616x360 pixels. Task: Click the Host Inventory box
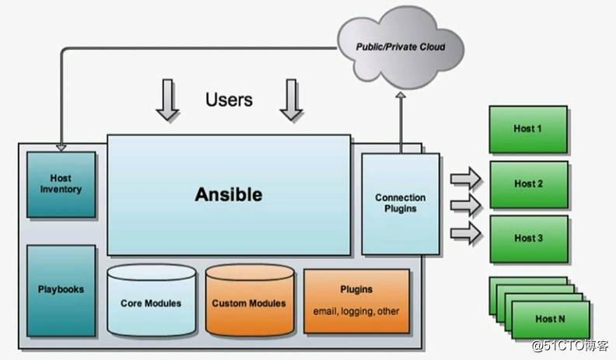pos(61,183)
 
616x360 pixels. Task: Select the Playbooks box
pos(61,289)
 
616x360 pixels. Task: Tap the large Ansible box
pos(228,194)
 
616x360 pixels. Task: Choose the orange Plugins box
pos(356,300)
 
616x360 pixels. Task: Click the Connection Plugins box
pos(401,203)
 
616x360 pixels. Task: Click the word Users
pos(229,100)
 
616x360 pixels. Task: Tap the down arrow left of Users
pos(167,101)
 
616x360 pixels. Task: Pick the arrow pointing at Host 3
pos(466,232)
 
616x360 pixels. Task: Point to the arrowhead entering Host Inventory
pos(61,146)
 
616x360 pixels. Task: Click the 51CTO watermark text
pos(572,345)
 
